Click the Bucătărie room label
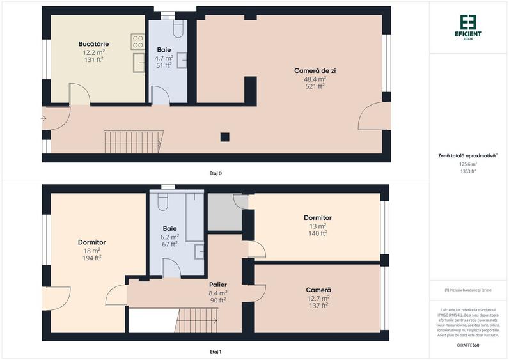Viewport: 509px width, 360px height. click(x=93, y=43)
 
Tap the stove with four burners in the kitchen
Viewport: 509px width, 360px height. click(x=137, y=42)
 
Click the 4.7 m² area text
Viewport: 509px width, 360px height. click(x=164, y=58)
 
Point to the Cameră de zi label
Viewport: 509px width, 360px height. click(x=315, y=70)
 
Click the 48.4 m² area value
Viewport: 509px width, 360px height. click(x=315, y=79)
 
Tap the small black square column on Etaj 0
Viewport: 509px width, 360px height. click(x=224, y=136)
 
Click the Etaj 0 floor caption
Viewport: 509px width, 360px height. click(x=215, y=173)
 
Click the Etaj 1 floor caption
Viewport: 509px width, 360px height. click(x=215, y=351)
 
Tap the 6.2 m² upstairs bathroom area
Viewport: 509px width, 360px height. click(x=170, y=236)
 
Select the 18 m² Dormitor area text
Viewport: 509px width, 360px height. click(x=91, y=250)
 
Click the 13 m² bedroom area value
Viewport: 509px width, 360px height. click(x=317, y=226)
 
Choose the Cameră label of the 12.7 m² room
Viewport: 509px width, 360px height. click(x=318, y=290)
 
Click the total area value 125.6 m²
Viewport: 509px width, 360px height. click(x=468, y=164)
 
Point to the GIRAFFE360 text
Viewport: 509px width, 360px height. click(x=468, y=345)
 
